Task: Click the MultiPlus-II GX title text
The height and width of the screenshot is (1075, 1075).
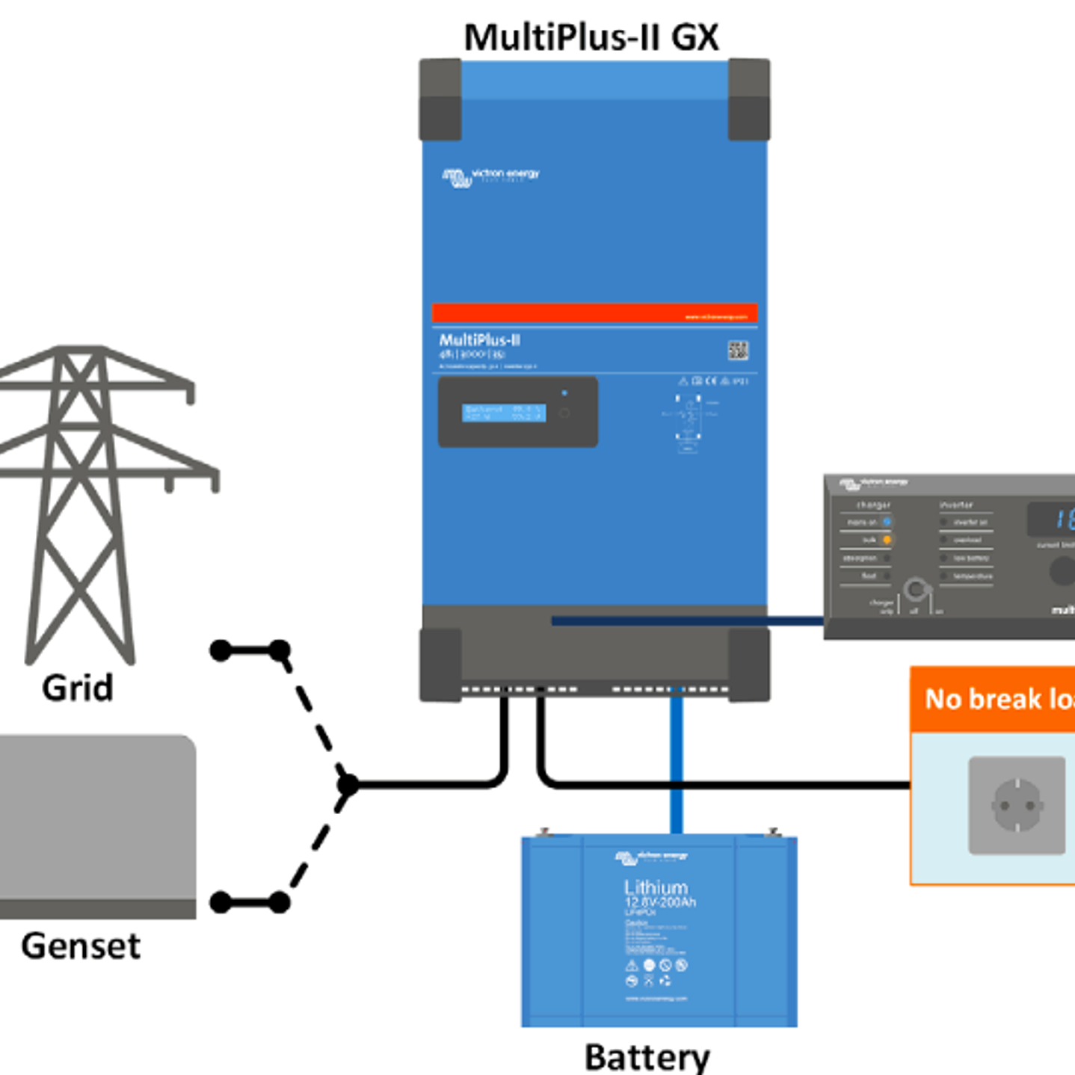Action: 591,37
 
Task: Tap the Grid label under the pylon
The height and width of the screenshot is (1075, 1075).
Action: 78,688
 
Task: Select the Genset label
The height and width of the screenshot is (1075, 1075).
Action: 81,946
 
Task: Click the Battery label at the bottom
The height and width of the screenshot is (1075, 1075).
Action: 647,1057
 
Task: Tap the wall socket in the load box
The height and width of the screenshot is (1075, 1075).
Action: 1017,805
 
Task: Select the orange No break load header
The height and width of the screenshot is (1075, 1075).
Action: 994,699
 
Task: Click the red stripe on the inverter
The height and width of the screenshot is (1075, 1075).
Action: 594,313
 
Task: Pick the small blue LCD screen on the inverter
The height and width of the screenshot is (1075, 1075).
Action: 504,413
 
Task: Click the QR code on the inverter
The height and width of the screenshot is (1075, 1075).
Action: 738,350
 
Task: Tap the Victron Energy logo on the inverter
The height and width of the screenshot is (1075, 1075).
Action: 490,176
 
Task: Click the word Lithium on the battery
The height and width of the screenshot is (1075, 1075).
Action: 656,887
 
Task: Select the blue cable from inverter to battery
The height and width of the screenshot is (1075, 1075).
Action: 677,763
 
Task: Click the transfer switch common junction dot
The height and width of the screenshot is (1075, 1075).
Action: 348,785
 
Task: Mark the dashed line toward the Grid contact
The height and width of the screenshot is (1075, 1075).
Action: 314,718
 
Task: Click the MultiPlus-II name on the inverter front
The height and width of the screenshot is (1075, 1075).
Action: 479,340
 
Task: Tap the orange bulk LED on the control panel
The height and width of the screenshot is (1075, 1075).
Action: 887,540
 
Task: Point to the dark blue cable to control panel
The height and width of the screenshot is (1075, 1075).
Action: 688,620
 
